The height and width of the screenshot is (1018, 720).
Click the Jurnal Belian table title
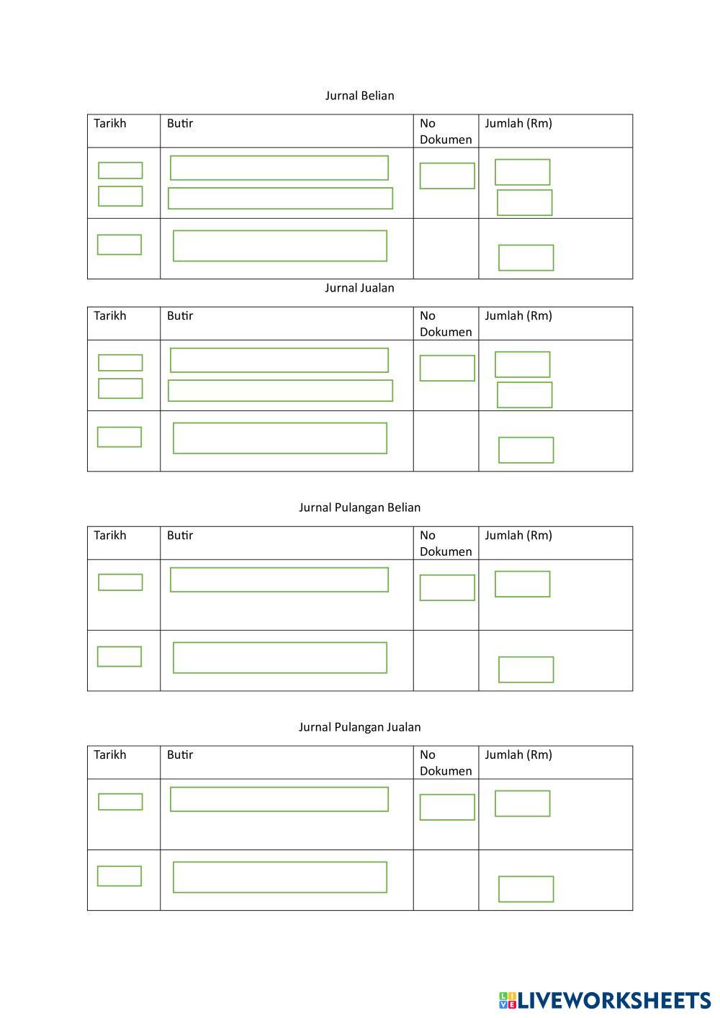(359, 96)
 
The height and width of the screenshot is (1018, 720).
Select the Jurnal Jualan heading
(359, 288)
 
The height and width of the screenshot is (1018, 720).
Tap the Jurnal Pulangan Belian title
(359, 508)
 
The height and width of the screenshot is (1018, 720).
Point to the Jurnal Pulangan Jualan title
(359, 727)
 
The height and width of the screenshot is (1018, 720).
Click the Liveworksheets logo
(604, 1000)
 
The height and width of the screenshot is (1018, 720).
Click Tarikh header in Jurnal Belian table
(110, 123)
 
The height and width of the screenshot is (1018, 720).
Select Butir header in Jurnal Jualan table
(180, 315)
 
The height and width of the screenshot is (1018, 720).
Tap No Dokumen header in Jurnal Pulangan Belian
(446, 543)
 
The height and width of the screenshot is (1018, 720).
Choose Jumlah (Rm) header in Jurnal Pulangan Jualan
(518, 755)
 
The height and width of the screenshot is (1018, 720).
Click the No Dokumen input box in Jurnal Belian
(447, 176)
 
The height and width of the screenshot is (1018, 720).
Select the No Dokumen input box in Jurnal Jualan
(447, 368)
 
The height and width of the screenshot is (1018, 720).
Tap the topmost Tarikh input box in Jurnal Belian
(120, 171)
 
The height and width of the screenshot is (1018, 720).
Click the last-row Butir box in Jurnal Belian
(280, 246)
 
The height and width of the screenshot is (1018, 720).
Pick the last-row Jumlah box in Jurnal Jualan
(526, 450)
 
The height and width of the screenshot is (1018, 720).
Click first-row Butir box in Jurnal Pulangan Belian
(279, 580)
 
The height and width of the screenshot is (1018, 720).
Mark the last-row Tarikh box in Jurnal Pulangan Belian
(120, 657)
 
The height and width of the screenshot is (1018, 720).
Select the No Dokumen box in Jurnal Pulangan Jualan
(447, 807)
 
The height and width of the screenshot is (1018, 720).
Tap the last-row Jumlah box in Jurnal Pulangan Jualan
(526, 889)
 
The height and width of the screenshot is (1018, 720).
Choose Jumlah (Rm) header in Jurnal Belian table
(518, 123)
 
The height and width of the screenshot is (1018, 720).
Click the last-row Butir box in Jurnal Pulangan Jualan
(280, 877)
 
